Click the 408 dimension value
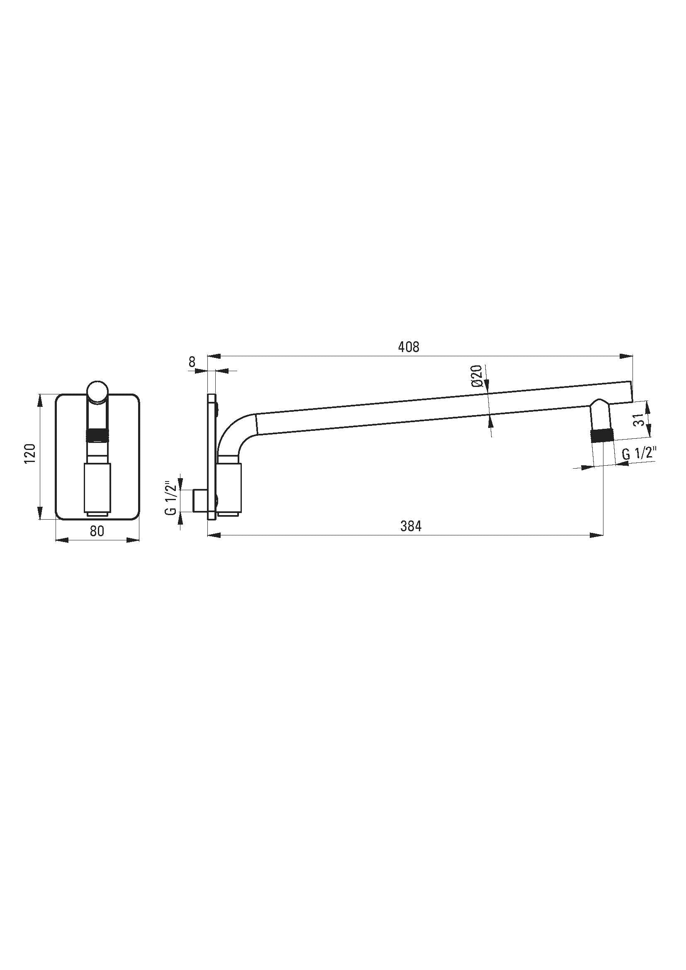pos(409,347)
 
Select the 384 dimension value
pos(411,526)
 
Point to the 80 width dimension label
pos(97,531)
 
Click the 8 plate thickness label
pos(192,362)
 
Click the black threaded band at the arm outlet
pos(602,435)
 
